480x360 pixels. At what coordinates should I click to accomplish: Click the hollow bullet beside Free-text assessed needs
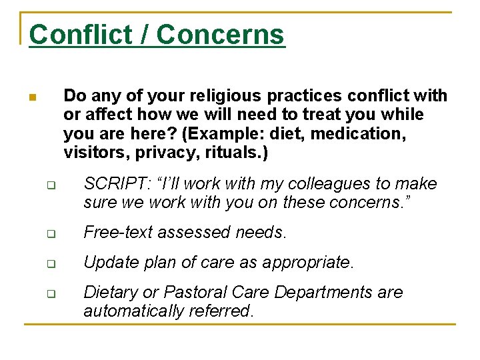point(49,234)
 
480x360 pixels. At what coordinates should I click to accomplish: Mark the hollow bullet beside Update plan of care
point(49,264)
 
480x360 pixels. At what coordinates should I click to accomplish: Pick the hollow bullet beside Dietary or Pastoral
point(49,294)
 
